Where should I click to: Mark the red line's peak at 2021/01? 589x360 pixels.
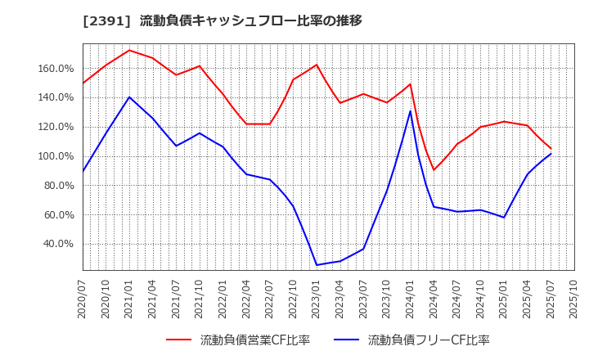pyautogui.click(x=129, y=50)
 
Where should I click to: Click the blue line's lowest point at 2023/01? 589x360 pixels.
pyautogui.click(x=317, y=265)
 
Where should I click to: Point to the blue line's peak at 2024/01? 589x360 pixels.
pyautogui.click(x=411, y=111)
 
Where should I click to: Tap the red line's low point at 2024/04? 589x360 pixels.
pyautogui.click(x=434, y=170)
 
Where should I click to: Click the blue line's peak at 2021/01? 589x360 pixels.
pyautogui.click(x=129, y=97)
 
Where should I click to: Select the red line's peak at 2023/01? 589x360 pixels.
pyautogui.click(x=317, y=65)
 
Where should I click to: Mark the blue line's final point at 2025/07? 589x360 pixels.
pyautogui.click(x=551, y=154)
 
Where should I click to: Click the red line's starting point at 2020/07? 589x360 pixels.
pyautogui.click(x=83, y=83)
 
